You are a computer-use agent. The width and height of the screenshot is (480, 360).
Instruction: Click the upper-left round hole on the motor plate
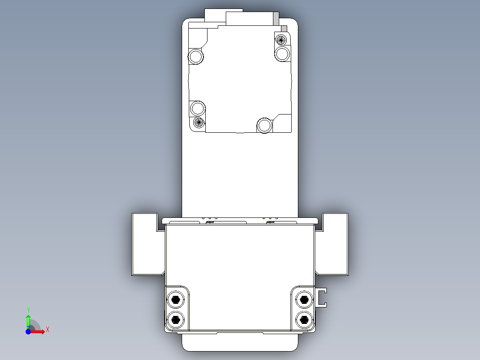pos(196,57)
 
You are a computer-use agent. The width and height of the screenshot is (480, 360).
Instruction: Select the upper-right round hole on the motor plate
pos(282,54)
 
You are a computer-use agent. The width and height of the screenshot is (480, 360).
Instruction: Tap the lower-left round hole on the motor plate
pos(197,108)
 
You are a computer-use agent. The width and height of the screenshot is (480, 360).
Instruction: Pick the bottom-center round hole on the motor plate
pos(264,126)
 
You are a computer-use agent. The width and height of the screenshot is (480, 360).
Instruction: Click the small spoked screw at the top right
pos(281,39)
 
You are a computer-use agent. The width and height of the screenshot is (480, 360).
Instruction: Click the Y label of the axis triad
pos(28,309)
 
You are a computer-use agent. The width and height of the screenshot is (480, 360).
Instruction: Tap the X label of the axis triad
pos(47,330)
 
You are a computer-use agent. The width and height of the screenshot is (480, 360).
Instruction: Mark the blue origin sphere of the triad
pos(28,331)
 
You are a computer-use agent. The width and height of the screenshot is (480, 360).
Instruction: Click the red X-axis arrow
pos(39,331)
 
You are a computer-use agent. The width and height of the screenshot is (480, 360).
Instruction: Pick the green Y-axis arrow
pos(28,320)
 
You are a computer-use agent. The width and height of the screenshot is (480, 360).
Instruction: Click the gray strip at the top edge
pos(276,19)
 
